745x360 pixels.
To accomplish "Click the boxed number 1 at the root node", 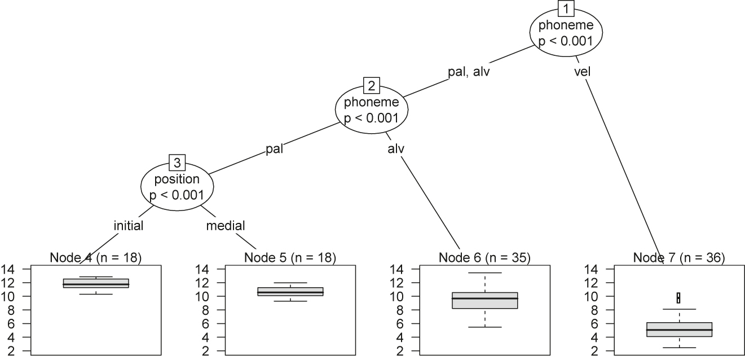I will (566, 9).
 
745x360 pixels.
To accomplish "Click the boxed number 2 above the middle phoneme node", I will (372, 86).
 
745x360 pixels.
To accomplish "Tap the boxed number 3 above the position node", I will (177, 163).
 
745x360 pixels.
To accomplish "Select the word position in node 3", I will (177, 179).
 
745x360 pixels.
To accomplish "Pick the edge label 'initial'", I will (129, 226).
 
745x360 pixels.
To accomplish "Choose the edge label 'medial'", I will (226, 226).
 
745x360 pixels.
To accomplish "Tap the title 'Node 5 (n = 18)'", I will (290, 258).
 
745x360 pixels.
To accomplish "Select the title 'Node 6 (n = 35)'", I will (484, 258).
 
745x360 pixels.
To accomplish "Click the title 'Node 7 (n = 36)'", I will (679, 258).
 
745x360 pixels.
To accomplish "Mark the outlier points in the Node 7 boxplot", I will (678, 297).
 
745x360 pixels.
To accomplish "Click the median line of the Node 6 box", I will (485, 298).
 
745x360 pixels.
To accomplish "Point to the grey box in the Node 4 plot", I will (96, 283).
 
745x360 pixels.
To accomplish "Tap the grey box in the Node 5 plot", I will (290, 291).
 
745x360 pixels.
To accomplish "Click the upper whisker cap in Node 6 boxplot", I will (485, 273).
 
